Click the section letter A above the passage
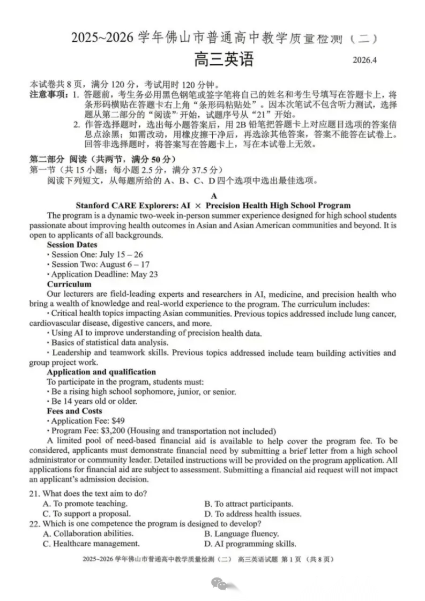tap(214, 196)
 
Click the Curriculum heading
tap(69, 284)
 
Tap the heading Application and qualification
tap(101, 372)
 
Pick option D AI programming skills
tap(250, 544)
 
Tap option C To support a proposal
tap(86, 513)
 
